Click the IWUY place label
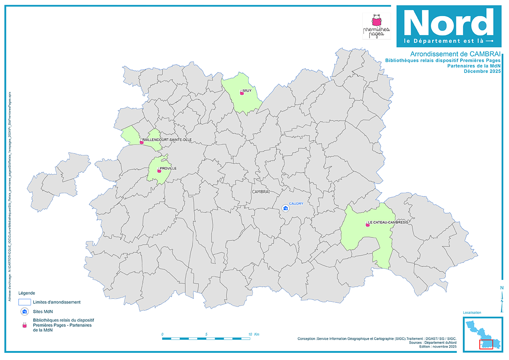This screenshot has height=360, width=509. coord(247,91)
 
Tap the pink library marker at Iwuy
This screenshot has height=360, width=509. coord(242,93)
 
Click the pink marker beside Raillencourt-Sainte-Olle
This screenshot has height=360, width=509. coord(141,142)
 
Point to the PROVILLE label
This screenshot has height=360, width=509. coord(168,168)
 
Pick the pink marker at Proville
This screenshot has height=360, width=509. coord(159,170)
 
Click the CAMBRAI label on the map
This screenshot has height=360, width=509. coord(261,192)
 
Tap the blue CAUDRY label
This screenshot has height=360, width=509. coord(296,204)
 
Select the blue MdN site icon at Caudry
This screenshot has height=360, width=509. coord(286,209)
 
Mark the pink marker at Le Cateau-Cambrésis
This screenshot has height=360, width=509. coord(368,225)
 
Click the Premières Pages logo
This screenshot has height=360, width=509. coord(376,26)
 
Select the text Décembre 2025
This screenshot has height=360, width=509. coord(482,71)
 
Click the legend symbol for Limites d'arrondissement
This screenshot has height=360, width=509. coord(25,302)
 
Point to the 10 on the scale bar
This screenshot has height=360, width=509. coord(252,334)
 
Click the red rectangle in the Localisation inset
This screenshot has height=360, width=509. coord(486,344)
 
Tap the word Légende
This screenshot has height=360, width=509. coord(27,293)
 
